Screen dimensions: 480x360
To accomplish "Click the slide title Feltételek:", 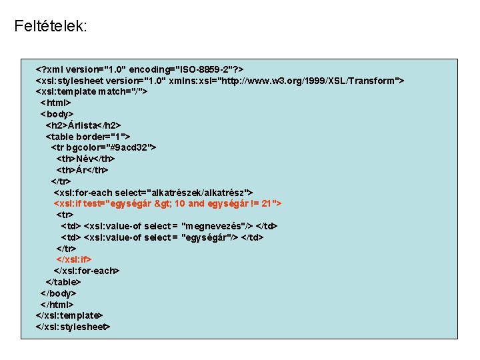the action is click(x=51, y=27).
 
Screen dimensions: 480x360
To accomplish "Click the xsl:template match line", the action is click(x=91, y=92).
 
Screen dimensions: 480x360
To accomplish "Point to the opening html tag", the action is click(x=56, y=103).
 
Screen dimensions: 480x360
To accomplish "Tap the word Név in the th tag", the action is click(x=85, y=159).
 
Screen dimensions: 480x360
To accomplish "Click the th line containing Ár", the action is click(x=82, y=170).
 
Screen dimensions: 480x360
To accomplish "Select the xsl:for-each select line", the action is click(x=153, y=193).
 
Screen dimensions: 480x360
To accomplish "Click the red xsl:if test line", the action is click(x=167, y=203).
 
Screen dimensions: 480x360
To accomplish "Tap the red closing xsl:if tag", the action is click(x=74, y=259).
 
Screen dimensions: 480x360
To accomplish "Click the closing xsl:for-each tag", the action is click(x=87, y=271).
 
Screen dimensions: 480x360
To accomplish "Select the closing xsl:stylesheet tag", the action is click(x=73, y=327).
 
